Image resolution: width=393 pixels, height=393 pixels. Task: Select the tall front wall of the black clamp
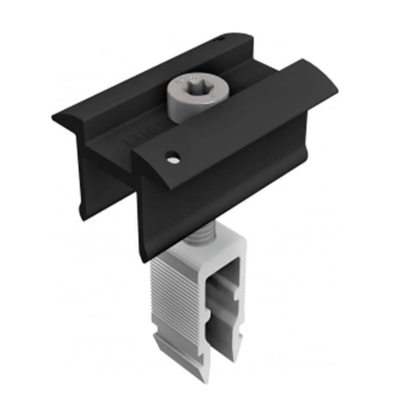tap(221, 196)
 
